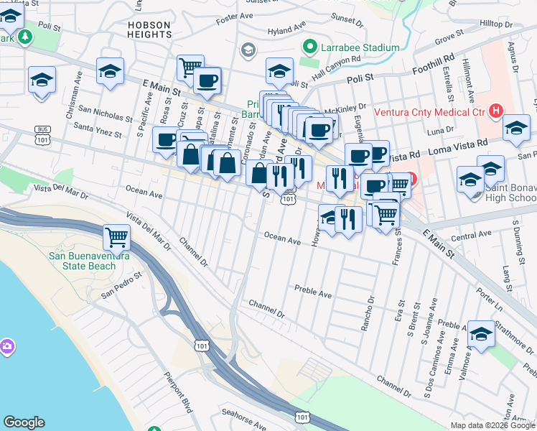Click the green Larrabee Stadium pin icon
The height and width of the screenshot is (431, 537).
[x=310, y=47]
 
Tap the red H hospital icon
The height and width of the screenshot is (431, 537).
[x=494, y=111]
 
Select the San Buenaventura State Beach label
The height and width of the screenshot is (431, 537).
[x=89, y=261]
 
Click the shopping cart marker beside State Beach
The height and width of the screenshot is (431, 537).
[x=116, y=236]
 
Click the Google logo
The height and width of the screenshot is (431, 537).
[x=24, y=422]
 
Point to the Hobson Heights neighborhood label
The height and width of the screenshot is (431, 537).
[x=149, y=29]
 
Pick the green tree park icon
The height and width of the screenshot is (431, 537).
[x=26, y=37]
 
